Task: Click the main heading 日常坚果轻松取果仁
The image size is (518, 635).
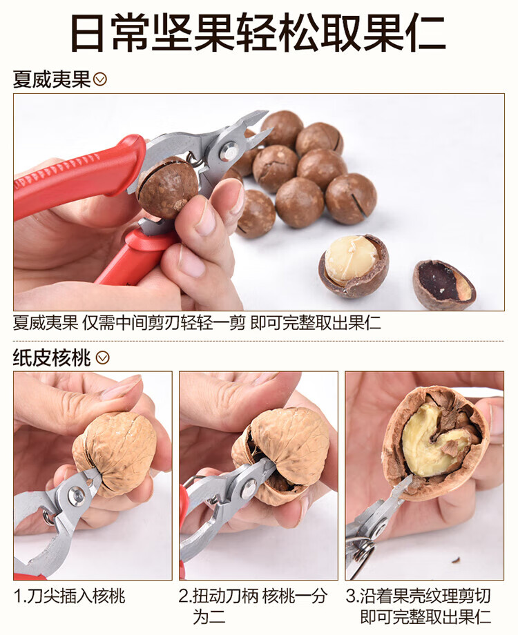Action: pyautogui.click(x=258, y=32)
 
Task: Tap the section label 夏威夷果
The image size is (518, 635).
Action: pyautogui.click(x=52, y=79)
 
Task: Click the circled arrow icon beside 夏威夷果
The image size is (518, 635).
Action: pyautogui.click(x=100, y=79)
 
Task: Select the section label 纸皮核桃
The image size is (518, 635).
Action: pyautogui.click(x=52, y=358)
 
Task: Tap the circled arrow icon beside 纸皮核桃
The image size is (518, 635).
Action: pyautogui.click(x=102, y=358)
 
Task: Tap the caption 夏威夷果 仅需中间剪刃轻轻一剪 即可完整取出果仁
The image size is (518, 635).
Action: pyautogui.click(x=197, y=323)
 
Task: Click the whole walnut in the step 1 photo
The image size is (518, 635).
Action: pyautogui.click(x=115, y=453)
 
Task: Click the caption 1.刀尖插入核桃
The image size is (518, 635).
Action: pyautogui.click(x=70, y=596)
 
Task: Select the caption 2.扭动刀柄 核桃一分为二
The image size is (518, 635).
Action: pyautogui.click(x=253, y=606)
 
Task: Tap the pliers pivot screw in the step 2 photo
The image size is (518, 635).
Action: pyautogui.click(x=249, y=489)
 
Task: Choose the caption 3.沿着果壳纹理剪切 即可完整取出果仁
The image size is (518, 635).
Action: pyautogui.click(x=419, y=606)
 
